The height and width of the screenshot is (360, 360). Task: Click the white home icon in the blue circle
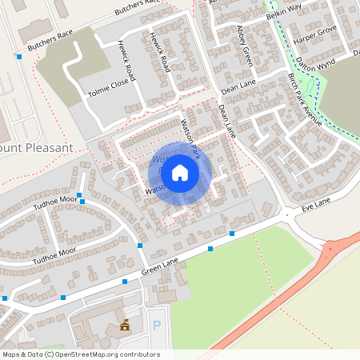coord(180,172)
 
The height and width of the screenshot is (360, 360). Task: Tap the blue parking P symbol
coord(157,326)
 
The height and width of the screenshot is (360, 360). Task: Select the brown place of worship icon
coord(124,325)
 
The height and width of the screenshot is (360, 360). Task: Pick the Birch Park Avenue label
coord(305,101)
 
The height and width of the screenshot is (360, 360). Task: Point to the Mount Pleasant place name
coord(37,148)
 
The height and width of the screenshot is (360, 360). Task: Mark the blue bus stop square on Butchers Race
coord(19,56)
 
